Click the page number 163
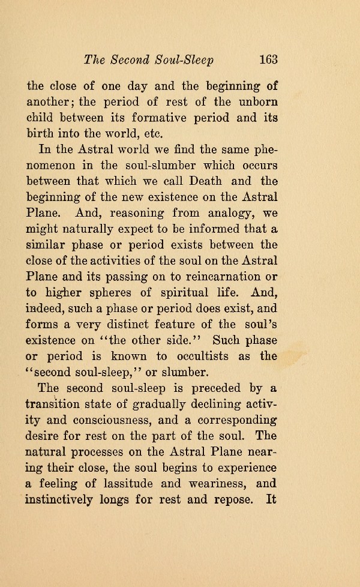coord(265,59)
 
